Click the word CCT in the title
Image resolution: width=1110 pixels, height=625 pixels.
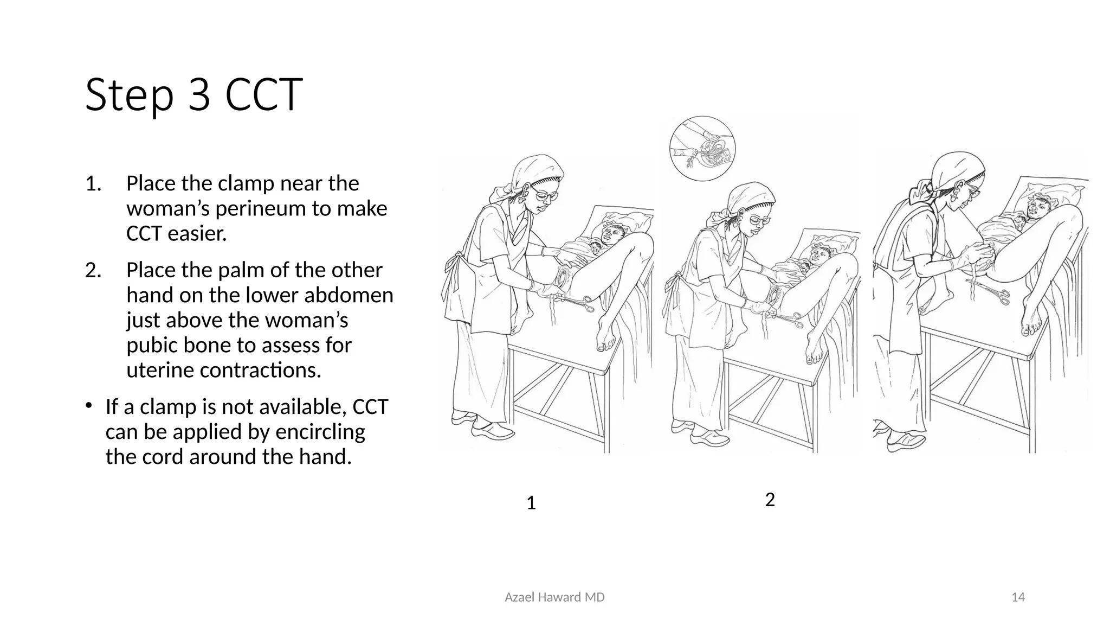[263, 95]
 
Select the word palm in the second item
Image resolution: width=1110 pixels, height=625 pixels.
[206, 270]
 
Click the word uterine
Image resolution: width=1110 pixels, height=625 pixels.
[160, 370]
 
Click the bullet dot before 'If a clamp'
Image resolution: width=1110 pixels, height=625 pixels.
[89, 405]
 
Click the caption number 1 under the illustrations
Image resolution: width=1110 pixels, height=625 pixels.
[531, 503]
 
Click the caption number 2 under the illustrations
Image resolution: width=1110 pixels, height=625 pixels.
[770, 500]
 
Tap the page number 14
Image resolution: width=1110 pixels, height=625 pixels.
[1018, 597]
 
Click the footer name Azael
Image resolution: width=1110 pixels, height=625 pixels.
[518, 597]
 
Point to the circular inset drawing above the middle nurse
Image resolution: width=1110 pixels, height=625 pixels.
[702, 148]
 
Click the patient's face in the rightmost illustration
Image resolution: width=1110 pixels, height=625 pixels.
[1039, 207]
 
